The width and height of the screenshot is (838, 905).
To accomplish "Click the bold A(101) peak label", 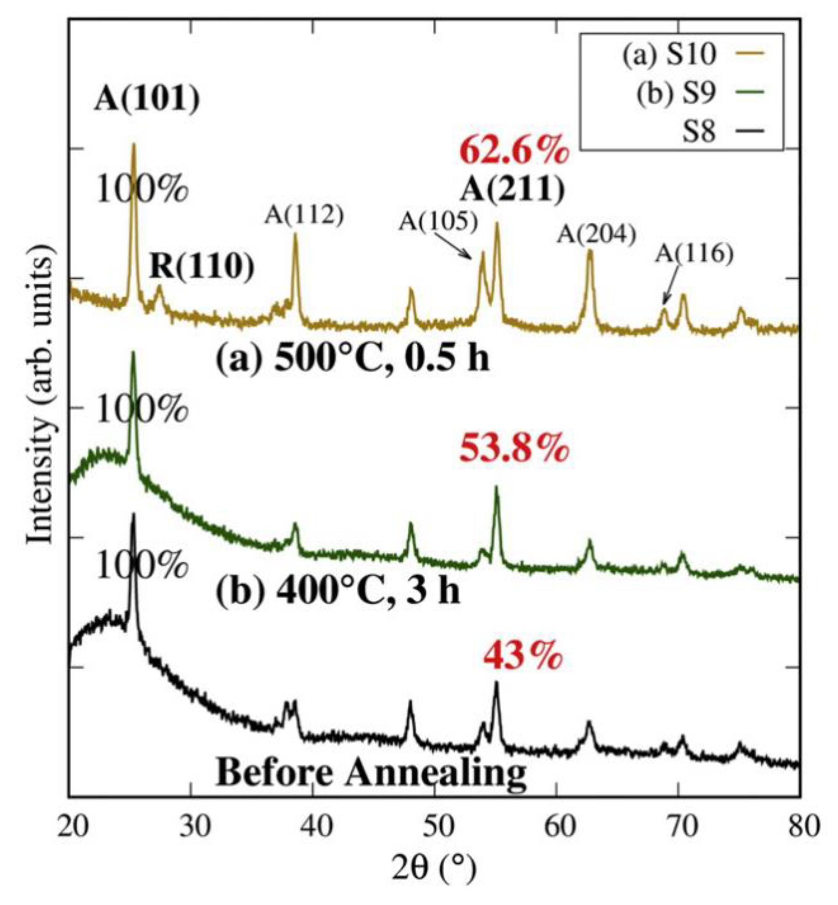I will coord(146,100).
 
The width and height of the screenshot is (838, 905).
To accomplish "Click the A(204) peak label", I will coord(596,235).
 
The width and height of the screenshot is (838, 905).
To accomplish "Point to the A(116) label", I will coord(694,255).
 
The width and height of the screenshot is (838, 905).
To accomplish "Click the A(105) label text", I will coord(438,223).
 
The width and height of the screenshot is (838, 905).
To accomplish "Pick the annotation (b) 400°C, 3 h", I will coord(338,591).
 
